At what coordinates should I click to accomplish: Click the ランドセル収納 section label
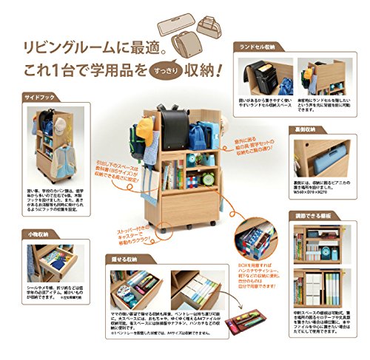(261, 45)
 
